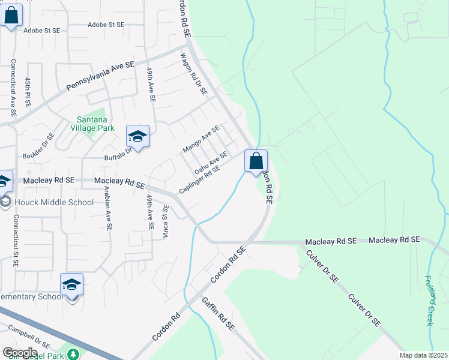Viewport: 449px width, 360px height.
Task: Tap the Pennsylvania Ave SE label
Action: [x=100, y=76]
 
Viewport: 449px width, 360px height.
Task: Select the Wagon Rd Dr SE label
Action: [x=194, y=74]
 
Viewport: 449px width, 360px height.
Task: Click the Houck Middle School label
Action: [x=54, y=202]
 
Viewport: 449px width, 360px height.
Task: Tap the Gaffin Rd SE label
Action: [x=217, y=314]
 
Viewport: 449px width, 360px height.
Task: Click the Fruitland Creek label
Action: [x=429, y=300]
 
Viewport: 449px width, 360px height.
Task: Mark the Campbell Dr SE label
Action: [x=29, y=337]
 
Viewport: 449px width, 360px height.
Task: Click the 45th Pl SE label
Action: [x=28, y=92]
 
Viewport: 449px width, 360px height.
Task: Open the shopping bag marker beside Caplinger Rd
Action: [x=256, y=161]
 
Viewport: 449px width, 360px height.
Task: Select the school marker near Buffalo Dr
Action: [x=137, y=137]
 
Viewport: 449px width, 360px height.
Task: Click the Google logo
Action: [x=20, y=352]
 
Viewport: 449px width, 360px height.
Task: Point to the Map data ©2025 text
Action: [x=424, y=355]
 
